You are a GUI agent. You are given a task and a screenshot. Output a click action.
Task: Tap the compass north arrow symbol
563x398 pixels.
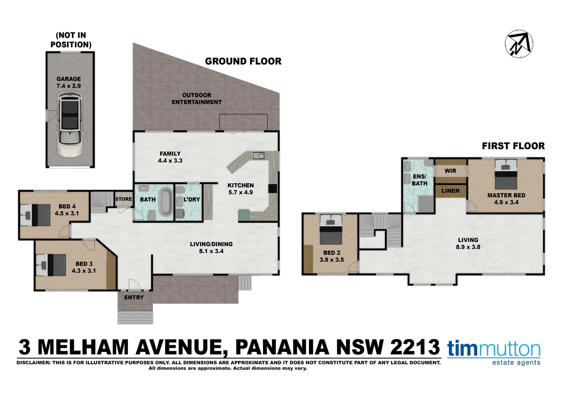tap(519, 43)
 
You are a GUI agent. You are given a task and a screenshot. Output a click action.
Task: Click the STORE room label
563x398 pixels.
tap(123, 199)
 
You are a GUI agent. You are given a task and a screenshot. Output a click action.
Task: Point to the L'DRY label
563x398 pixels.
tap(192, 199)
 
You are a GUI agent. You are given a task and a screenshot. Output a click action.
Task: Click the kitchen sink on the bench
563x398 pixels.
tap(259, 156)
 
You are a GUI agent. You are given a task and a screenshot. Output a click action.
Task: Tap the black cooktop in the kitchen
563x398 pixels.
tap(273, 188)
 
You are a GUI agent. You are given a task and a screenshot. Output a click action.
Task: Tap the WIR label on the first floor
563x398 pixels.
tap(450, 171)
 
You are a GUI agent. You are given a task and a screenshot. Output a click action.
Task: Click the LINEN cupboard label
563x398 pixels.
tap(450, 191)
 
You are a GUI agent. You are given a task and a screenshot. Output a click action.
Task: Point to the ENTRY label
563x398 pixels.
tap(134, 297)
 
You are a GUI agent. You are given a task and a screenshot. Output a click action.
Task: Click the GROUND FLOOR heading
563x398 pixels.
tap(243, 61)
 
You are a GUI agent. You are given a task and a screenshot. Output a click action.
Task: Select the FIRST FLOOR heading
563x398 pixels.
tap(513, 146)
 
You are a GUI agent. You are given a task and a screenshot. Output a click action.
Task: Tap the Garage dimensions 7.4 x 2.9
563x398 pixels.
tap(69, 86)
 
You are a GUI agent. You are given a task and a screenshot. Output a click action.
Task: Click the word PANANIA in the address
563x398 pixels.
tap(282, 347)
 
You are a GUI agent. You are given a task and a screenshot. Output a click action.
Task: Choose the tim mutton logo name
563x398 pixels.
tap(494, 349)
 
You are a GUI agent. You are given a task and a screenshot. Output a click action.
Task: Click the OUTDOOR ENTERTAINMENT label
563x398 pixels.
tap(197, 98)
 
